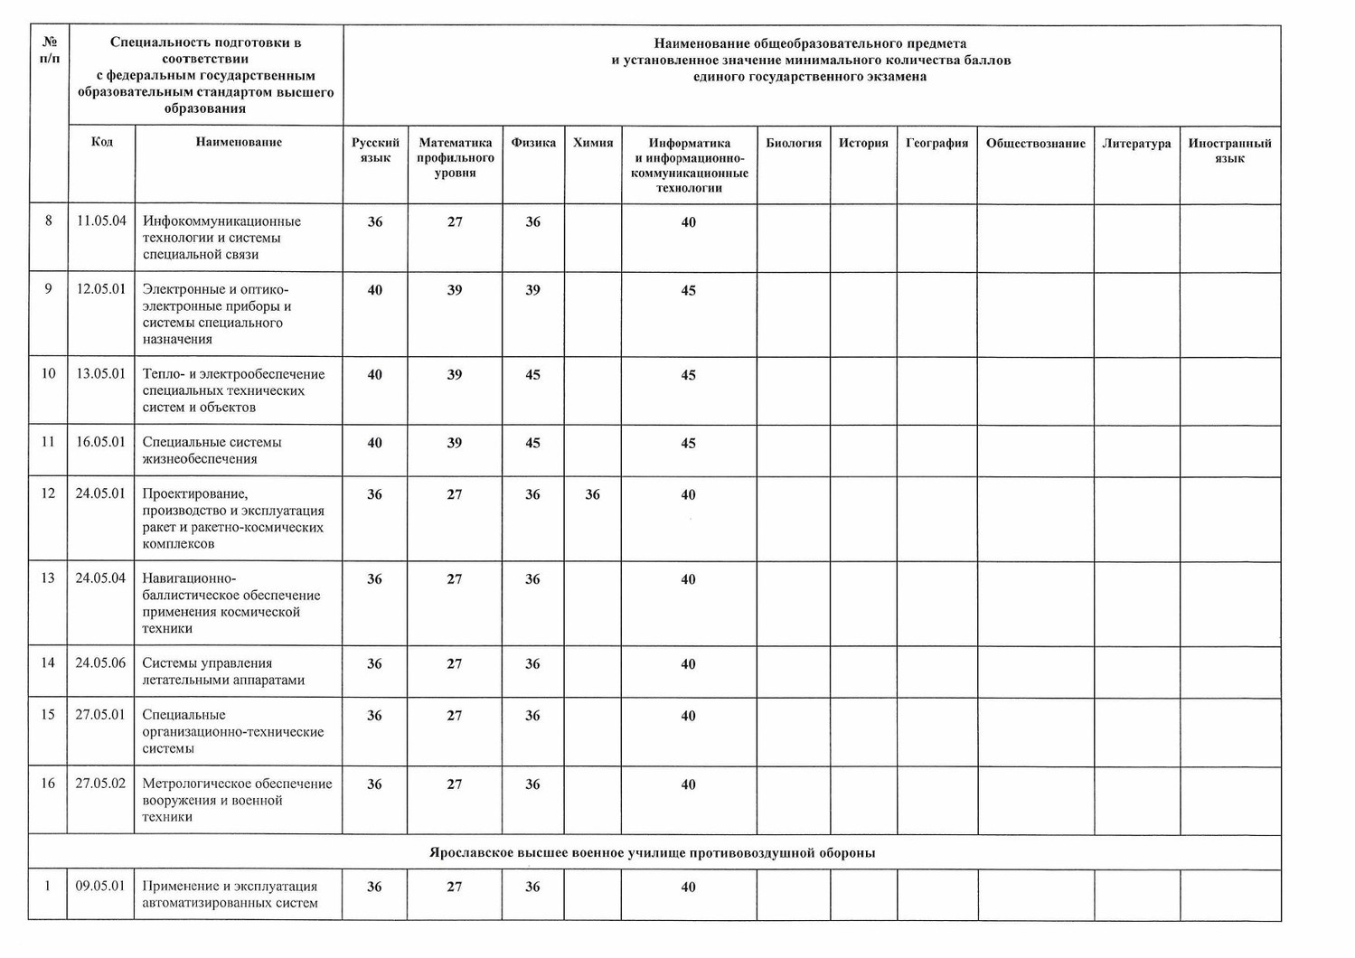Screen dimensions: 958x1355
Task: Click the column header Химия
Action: click(593, 143)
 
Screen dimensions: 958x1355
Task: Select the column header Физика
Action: click(533, 143)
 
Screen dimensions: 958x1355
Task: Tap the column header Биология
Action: click(794, 143)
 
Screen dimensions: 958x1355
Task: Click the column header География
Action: click(936, 143)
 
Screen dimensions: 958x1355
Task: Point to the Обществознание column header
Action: click(1035, 144)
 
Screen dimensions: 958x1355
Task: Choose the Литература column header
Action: click(1136, 144)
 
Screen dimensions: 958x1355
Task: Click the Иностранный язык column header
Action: click(1229, 151)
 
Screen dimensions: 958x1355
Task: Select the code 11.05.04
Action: click(101, 221)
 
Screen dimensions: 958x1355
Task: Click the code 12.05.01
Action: click(101, 289)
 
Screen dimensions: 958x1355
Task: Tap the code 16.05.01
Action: click(101, 442)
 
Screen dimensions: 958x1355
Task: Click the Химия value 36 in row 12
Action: click(592, 494)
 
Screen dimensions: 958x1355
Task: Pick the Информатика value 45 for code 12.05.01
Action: click(688, 290)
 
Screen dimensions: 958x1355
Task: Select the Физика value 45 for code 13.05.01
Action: click(532, 375)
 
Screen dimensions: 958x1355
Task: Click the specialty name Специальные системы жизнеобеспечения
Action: click(212, 450)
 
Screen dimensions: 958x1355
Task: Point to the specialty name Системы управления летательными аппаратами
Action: click(222, 672)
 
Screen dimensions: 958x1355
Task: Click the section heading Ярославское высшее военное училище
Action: click(652, 853)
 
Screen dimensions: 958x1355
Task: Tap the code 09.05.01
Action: click(100, 886)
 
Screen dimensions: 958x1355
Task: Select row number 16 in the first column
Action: click(48, 784)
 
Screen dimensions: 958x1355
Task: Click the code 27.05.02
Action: click(100, 784)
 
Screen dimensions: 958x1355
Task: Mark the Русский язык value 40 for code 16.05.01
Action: click(374, 443)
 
